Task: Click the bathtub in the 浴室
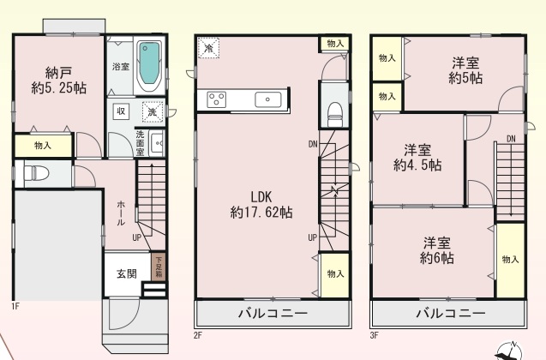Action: point(150,66)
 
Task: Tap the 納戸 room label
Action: point(59,73)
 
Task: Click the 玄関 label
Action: point(126,274)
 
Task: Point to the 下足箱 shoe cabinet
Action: point(159,267)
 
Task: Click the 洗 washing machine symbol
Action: point(153,112)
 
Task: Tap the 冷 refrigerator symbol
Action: point(208,48)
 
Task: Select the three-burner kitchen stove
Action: point(217,100)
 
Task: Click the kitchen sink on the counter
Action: point(267,99)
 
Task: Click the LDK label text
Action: point(261,196)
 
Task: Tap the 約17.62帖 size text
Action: point(261,212)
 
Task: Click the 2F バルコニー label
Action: point(273,314)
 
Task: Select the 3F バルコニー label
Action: point(451,314)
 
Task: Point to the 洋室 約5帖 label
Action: point(465,70)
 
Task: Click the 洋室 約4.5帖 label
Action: point(417,158)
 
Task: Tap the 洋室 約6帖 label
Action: point(437,250)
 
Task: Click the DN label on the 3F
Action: point(511,139)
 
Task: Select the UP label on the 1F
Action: point(136,237)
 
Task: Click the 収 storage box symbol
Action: point(121,111)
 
